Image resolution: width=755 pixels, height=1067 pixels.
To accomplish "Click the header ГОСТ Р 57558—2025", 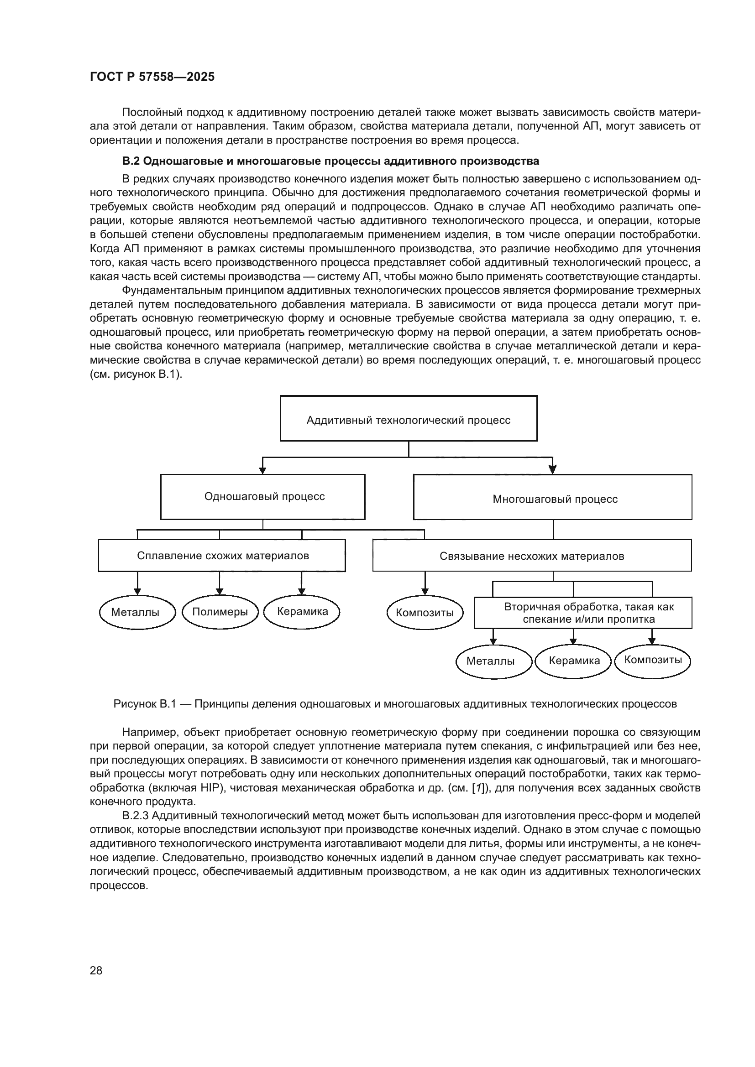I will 152,77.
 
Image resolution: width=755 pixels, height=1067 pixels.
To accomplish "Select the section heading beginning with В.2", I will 330,161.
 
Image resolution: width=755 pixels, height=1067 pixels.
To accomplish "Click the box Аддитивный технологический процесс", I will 408,418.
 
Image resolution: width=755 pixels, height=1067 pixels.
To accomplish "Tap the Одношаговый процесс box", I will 262,496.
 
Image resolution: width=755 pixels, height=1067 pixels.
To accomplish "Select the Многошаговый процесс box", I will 552,497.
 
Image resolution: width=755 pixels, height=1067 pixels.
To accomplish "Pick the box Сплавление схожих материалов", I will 222,555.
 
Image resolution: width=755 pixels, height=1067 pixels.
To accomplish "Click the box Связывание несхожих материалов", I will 532,555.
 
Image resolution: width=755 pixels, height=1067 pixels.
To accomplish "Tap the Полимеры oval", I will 220,612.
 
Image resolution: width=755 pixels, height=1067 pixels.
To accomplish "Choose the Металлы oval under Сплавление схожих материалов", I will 137,612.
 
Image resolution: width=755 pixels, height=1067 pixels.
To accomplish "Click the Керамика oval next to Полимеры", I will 302,612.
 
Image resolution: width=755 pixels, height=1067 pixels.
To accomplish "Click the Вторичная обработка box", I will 583,613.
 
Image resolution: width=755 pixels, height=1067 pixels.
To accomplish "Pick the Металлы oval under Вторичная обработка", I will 493,661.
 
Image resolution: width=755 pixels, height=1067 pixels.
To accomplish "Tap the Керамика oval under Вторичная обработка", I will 574,661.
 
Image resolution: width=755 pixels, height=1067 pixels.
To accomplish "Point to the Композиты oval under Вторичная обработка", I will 652,661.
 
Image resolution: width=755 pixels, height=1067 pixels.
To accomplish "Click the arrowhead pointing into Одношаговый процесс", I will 262,471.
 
